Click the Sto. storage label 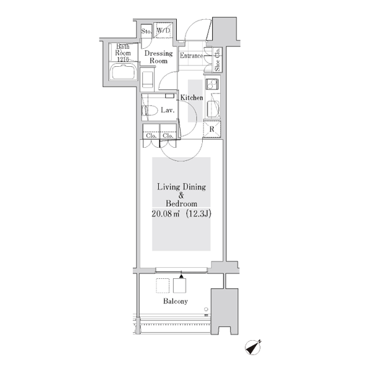click(147, 32)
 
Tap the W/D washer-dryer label click(163, 30)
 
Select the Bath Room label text click(123, 49)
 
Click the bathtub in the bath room click(124, 71)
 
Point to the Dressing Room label click(158, 57)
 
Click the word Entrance click(192, 56)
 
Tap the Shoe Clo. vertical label click(217, 59)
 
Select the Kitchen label click(192, 98)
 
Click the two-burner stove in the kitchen click(212, 84)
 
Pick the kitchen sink click(213, 109)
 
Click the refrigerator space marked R click(211, 129)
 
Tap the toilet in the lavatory click(150, 110)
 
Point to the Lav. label click(168, 110)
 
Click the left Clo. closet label click(151, 136)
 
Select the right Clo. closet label click(168, 136)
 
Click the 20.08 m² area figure click(165, 214)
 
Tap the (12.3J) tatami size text click(198, 214)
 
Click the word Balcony click(176, 301)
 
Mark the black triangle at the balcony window click(181, 276)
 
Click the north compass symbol click(253, 348)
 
